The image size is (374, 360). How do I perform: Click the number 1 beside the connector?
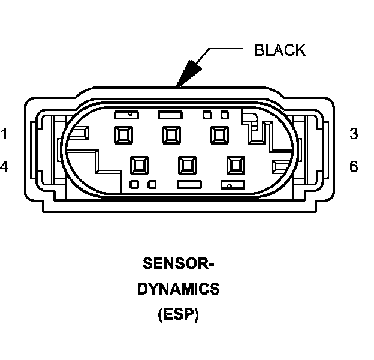tap(4, 134)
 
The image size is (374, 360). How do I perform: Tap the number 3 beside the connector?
tap(354, 134)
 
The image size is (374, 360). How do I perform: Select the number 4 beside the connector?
tap(4, 166)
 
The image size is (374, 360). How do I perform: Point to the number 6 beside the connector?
tap(354, 166)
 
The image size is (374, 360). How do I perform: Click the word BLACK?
tap(280, 50)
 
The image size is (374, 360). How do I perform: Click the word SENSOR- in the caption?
tap(179, 263)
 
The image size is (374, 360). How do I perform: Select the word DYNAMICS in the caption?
tap(179, 289)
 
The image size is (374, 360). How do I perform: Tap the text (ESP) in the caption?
tap(179, 314)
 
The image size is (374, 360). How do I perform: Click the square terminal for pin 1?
tap(123, 134)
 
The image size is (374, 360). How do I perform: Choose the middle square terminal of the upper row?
tap(171, 134)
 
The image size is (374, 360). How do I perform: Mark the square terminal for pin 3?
tap(218, 134)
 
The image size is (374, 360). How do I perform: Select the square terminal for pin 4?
tap(140, 164)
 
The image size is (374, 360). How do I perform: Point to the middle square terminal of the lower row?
tap(188, 164)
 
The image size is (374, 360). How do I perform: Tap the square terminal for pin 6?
tap(235, 164)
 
